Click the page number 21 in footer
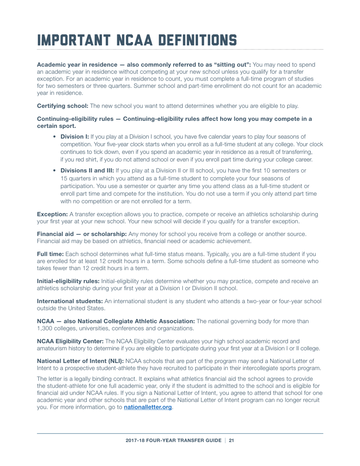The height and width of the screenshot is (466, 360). click(x=232, y=441)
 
